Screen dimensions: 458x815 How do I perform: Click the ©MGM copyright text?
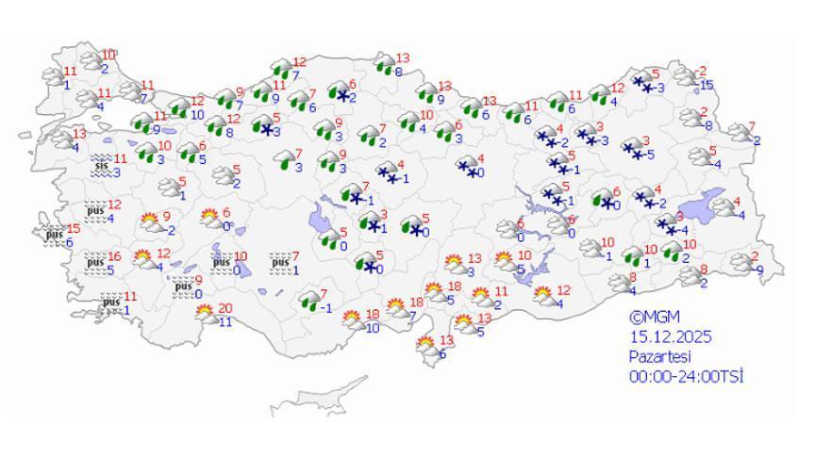click(x=654, y=318)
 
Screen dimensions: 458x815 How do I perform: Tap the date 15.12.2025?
click(x=671, y=336)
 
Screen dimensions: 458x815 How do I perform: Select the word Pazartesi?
click(x=660, y=356)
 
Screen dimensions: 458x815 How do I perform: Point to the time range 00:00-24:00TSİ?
click(x=687, y=376)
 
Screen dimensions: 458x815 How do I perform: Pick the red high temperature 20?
click(x=225, y=308)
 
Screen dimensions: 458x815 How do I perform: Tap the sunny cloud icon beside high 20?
click(x=207, y=315)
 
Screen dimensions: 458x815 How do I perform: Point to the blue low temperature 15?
click(x=707, y=85)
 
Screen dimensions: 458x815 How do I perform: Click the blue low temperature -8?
click(x=707, y=125)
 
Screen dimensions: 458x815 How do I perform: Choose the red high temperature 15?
click(x=73, y=229)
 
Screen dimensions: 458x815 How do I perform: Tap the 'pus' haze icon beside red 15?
click(x=53, y=233)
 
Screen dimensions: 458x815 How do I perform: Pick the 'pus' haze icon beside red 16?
click(x=95, y=261)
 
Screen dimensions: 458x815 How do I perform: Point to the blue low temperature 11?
click(x=225, y=322)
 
